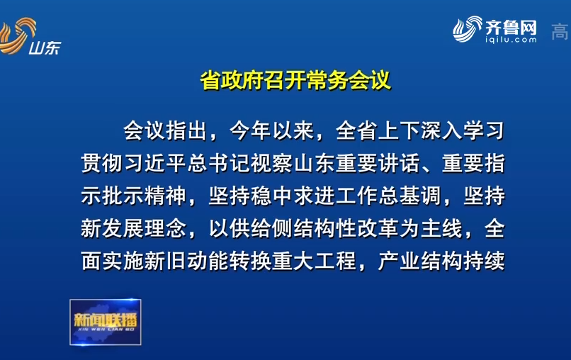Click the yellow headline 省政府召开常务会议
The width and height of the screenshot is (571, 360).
295,80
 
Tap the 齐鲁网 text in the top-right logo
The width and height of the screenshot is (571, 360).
511,27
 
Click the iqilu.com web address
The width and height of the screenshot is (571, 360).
511,40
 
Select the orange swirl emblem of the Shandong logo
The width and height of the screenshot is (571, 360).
16,35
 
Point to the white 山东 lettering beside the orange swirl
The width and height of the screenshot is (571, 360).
45,47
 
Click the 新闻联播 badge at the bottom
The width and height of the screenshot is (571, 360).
106,322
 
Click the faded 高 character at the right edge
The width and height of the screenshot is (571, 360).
560,31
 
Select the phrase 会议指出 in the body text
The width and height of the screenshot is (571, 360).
166,130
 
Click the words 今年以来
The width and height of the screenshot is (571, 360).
271,130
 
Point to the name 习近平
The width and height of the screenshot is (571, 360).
155,163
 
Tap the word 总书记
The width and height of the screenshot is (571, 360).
219,163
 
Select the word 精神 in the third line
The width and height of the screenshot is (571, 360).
166,196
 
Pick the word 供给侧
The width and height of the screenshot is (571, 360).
261,228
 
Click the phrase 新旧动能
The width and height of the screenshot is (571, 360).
187,261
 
